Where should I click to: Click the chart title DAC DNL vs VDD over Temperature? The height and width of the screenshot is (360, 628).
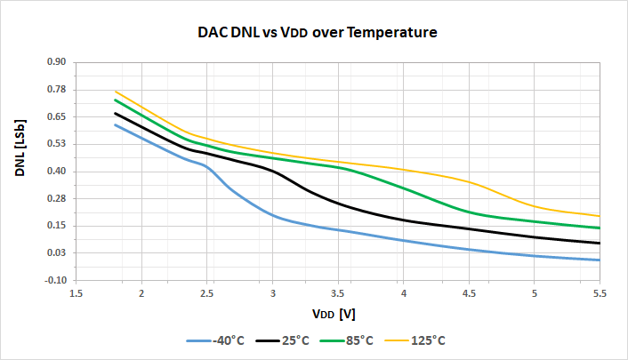pyautogui.click(x=317, y=33)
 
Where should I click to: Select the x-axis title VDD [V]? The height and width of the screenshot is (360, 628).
pyautogui.click(x=334, y=313)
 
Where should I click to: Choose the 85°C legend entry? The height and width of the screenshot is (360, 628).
pyautogui.click(x=358, y=340)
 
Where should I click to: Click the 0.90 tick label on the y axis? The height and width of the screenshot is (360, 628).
pyautogui.click(x=56, y=62)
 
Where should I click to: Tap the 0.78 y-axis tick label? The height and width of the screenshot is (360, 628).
pyautogui.click(x=56, y=90)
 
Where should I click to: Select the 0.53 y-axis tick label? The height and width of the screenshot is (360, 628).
pyautogui.click(x=56, y=144)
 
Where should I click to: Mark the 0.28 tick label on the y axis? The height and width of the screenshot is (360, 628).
pyautogui.click(x=56, y=198)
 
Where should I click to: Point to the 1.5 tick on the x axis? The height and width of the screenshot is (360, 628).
pyautogui.click(x=76, y=292)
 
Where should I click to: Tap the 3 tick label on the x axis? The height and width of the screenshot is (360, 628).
pyautogui.click(x=272, y=292)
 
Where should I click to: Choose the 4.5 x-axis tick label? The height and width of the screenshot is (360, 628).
pyautogui.click(x=469, y=292)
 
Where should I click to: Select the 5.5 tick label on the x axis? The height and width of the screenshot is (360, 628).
pyautogui.click(x=600, y=292)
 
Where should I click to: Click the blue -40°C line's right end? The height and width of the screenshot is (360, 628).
pyautogui.click(x=600, y=260)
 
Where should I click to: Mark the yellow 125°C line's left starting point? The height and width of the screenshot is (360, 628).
pyautogui.click(x=116, y=92)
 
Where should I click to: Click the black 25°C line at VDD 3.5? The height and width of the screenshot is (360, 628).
pyautogui.click(x=338, y=204)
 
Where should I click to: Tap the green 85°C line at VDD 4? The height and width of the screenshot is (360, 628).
pyautogui.click(x=403, y=188)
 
